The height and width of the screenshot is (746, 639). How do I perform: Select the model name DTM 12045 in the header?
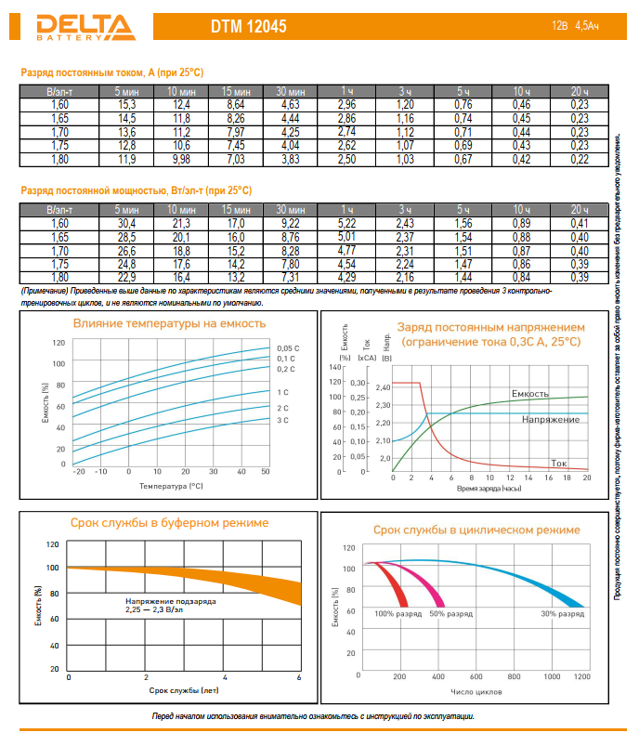(252, 28)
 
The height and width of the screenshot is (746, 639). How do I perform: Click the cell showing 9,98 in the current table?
(181, 159)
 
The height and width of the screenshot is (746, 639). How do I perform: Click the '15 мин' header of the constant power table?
(236, 210)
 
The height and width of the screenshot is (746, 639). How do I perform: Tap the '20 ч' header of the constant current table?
(579, 92)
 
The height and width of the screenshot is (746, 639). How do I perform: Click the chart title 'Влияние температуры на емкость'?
(169, 323)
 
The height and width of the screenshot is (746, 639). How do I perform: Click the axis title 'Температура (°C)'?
(171, 485)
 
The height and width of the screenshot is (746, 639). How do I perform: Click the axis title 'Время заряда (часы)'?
(489, 487)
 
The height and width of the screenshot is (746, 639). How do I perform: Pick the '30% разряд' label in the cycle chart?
(561, 614)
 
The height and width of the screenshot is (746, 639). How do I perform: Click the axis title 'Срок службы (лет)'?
(184, 690)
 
